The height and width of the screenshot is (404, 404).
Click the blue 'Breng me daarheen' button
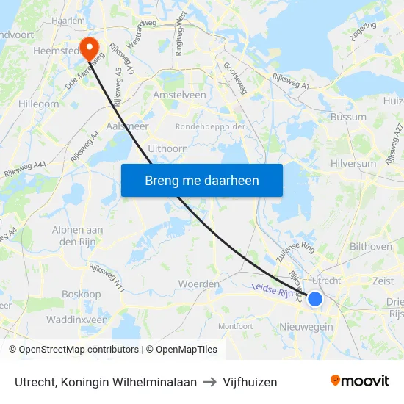[x=202, y=180]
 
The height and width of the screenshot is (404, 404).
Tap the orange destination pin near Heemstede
[x=90, y=48]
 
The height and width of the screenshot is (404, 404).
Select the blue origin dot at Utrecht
[x=315, y=299]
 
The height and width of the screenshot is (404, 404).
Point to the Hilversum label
[x=353, y=164]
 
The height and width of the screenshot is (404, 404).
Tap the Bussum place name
[x=348, y=117]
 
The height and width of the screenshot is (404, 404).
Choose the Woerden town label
[x=199, y=284]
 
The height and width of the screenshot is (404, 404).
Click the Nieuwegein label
[x=306, y=326]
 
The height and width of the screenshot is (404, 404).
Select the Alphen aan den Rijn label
[x=77, y=236]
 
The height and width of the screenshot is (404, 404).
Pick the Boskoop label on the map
[x=81, y=294]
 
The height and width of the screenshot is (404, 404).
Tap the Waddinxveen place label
[x=76, y=320]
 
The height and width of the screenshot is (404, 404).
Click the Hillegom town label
[x=35, y=104]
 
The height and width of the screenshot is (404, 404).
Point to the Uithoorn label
[x=167, y=148]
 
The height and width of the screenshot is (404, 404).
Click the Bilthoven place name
[x=371, y=247]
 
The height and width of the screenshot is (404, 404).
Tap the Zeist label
[x=383, y=281]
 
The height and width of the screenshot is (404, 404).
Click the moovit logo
[x=359, y=380]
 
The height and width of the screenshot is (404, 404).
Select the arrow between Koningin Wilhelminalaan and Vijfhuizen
[x=210, y=382]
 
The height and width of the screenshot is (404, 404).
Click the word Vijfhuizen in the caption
[x=250, y=382]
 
